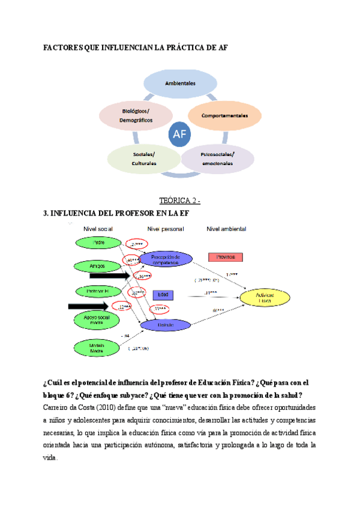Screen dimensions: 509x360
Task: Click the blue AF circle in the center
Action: tap(179, 136)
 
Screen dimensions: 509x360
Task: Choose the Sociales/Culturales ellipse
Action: tap(144, 158)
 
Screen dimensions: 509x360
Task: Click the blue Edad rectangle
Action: tap(163, 295)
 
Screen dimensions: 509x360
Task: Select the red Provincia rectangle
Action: tap(226, 257)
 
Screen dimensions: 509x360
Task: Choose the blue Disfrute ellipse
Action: tap(166, 325)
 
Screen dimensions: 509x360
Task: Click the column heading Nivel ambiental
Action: tap(226, 229)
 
